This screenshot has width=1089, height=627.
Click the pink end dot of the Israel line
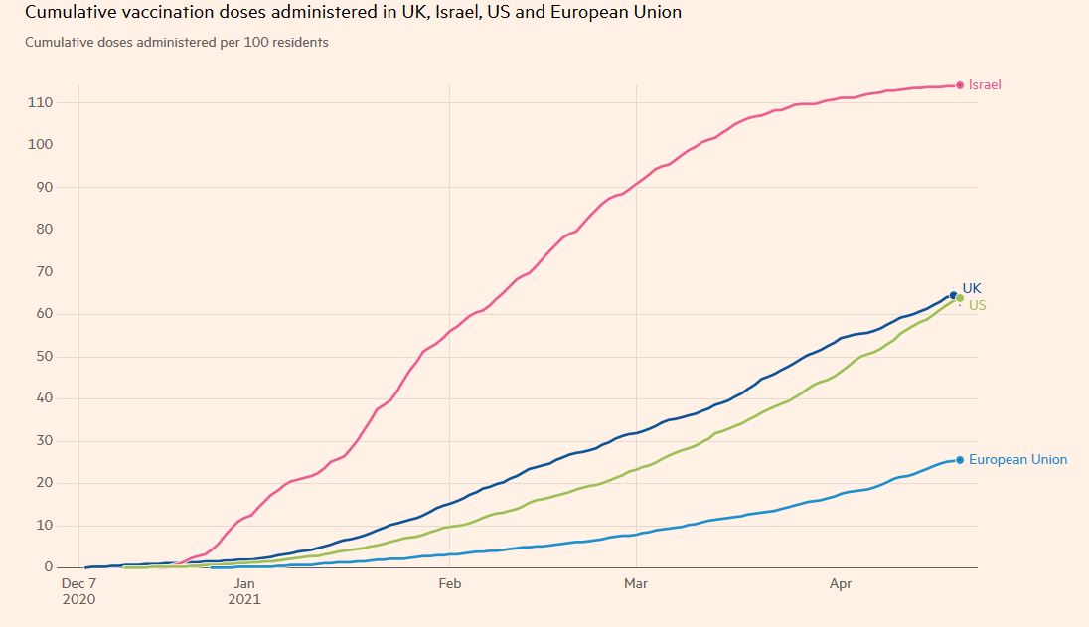point(960,85)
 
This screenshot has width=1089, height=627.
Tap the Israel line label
point(985,85)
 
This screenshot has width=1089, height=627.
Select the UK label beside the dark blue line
point(972,288)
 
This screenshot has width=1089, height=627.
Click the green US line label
point(978,306)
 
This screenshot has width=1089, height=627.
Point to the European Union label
point(1017,460)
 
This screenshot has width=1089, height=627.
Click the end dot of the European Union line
point(960,460)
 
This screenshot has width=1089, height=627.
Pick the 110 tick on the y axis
point(41,103)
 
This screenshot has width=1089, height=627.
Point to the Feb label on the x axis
point(450,584)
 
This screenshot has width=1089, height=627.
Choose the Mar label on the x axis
point(635,584)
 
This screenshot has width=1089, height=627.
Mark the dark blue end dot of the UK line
point(954,295)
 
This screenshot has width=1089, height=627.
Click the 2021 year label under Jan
point(244,599)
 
